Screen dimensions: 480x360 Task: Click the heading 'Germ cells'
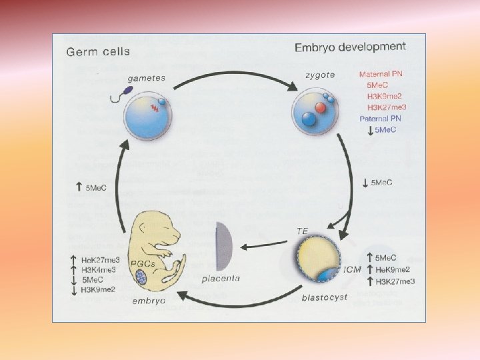[x=97, y=51]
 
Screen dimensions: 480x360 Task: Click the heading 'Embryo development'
[x=350, y=47]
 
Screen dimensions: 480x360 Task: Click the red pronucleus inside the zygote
[x=321, y=107]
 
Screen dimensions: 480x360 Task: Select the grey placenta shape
[x=224, y=247]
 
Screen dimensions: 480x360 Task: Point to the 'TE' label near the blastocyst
[x=303, y=231]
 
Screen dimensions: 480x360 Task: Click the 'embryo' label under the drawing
[x=151, y=301]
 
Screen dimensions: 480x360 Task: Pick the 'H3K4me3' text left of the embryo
[x=97, y=269]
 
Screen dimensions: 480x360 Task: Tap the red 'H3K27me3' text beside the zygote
[x=387, y=107]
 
